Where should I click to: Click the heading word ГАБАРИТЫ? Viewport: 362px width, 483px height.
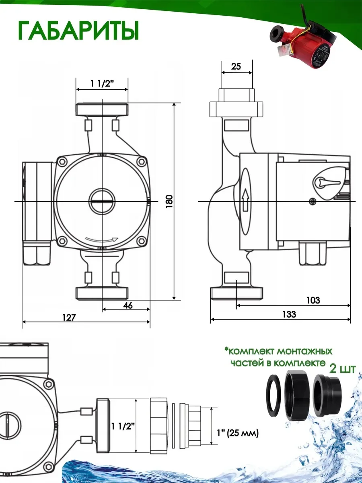[x=78, y=31]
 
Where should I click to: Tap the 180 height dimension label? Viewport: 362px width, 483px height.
[x=169, y=201]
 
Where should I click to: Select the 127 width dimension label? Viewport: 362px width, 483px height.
[x=69, y=318]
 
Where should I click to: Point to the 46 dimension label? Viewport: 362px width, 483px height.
[x=128, y=305]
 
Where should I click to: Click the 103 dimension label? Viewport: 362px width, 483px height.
[x=313, y=300]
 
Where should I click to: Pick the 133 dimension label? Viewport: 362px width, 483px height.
[x=289, y=314]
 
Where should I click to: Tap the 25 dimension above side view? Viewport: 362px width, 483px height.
[x=236, y=66]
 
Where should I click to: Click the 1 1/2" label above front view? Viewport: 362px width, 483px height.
[x=103, y=83]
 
